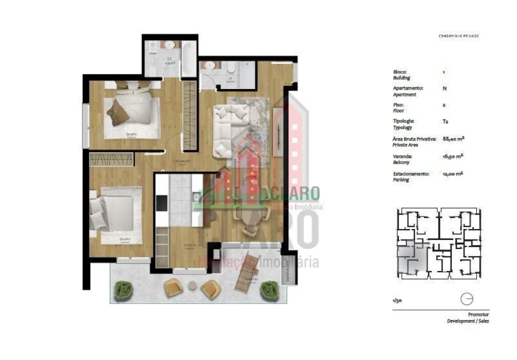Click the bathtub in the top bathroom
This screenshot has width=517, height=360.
click(x=188, y=59)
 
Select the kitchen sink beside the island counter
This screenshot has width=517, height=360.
click(x=195, y=199)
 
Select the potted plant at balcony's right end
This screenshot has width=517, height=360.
click(x=269, y=289)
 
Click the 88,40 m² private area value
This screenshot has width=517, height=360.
click(x=453, y=138)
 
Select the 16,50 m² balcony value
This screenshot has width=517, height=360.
click(x=453, y=156)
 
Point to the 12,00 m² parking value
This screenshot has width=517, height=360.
click(x=453, y=174)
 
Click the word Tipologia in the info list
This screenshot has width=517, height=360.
click(x=404, y=121)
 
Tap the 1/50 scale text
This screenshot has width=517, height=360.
click(x=397, y=300)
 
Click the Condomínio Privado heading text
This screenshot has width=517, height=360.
click(x=458, y=36)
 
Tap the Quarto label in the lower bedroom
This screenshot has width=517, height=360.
click(x=125, y=239)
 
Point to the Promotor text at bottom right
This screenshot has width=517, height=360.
click(x=477, y=314)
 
